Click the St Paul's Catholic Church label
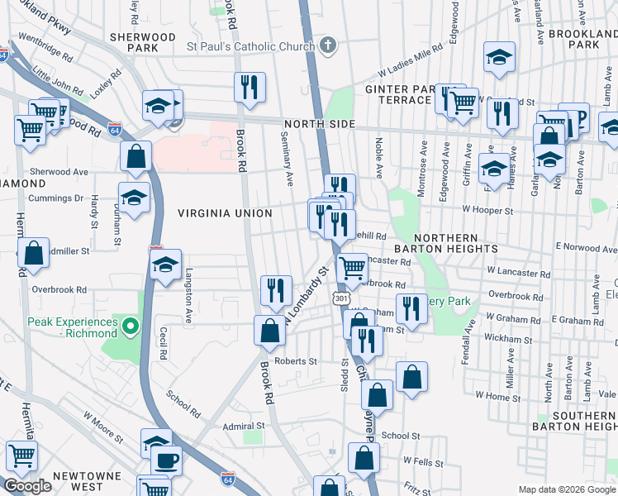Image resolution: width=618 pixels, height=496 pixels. click(x=250, y=45)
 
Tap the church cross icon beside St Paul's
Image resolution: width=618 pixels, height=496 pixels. click(x=328, y=45)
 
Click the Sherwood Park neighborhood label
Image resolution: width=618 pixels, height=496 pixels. click(x=143, y=43)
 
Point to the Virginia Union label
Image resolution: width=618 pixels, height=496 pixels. click(x=225, y=213)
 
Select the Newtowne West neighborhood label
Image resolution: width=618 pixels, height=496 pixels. click(x=87, y=483)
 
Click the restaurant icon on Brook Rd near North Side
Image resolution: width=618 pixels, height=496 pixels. click(x=250, y=87)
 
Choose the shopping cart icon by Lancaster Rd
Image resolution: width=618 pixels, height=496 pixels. click(x=353, y=267)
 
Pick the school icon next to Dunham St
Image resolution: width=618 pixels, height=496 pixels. click(x=134, y=197)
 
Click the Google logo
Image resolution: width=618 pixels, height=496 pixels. click(x=27, y=486)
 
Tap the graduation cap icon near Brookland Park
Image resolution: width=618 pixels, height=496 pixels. click(x=499, y=57)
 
